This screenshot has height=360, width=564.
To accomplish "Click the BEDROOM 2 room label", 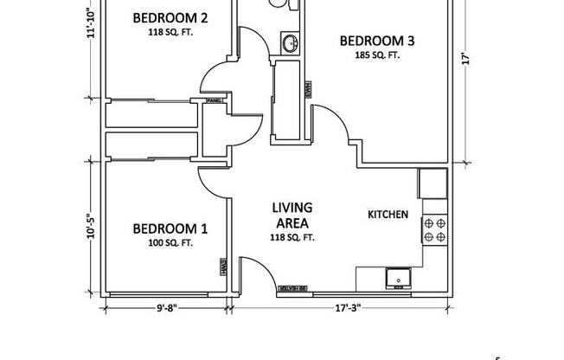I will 170,18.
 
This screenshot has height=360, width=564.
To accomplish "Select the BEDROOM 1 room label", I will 170,229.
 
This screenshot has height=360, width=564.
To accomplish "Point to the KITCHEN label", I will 388,214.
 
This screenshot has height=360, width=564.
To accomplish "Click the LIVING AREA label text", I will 292,215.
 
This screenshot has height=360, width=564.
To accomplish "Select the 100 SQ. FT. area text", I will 170,243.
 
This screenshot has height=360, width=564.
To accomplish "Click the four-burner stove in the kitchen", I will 434,228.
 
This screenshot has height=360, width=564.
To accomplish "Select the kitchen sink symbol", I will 399,278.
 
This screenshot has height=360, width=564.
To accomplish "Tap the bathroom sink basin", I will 291,42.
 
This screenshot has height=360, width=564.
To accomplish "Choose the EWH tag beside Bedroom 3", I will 306,89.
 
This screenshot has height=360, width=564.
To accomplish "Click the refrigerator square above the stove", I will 433,183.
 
